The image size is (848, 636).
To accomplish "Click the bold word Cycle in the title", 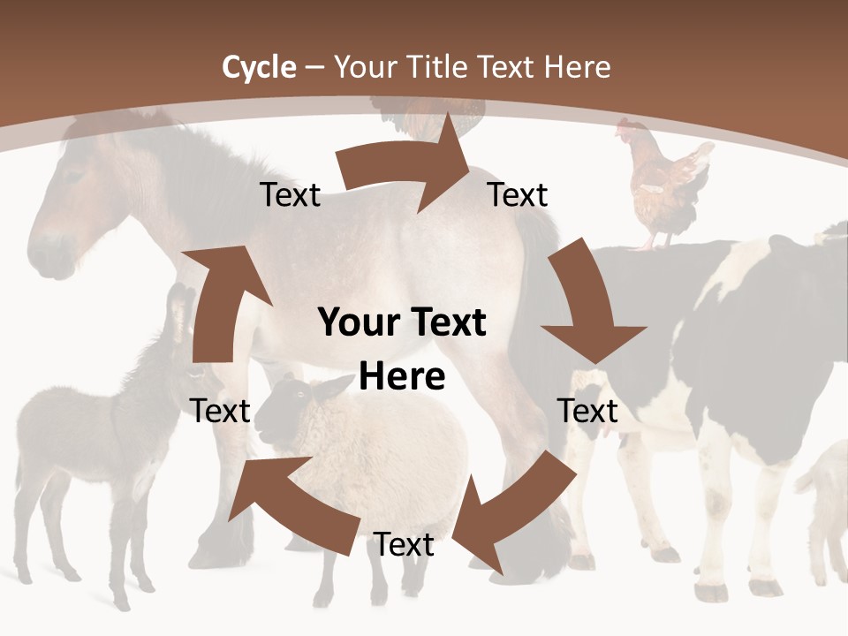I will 259,67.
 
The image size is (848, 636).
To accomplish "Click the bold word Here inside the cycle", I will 401,376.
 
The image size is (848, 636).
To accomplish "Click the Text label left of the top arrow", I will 290,195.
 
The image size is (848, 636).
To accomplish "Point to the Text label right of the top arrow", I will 518,195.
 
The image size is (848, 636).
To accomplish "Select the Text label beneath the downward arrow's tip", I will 587,411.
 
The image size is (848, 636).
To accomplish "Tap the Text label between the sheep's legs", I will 404,545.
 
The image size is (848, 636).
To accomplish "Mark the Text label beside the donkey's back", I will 220,411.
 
